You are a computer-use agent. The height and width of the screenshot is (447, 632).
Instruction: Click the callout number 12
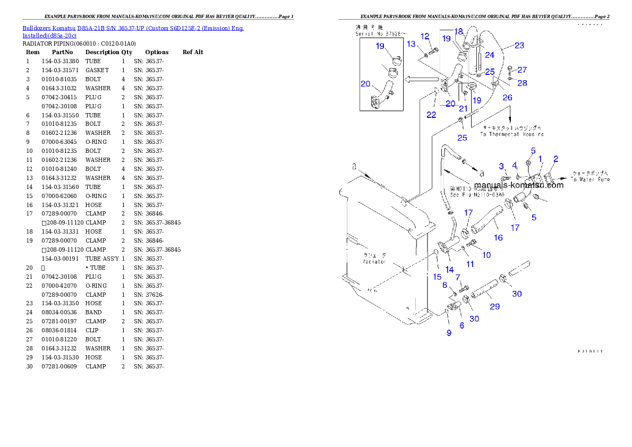coord(425,36)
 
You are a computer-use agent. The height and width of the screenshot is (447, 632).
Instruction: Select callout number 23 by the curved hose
coord(519,45)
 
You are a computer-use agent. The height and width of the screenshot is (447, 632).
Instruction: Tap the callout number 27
coord(523,70)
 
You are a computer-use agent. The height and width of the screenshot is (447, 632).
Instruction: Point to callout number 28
coord(523,83)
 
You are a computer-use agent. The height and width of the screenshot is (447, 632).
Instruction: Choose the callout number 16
coord(498,237)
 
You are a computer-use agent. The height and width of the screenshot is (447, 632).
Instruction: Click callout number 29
coord(494,306)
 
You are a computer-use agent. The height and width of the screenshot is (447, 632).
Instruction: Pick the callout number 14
coord(449,270)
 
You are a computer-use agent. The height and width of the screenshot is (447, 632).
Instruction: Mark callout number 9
coord(449,333)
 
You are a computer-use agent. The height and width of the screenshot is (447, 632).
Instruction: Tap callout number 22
coord(431,114)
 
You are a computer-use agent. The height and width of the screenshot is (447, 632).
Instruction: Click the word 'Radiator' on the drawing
coord(374,262)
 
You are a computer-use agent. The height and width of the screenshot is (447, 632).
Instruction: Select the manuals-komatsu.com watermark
coord(518,185)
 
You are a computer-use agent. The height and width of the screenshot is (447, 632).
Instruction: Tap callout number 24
coord(490,55)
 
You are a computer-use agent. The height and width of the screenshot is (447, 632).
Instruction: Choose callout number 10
coord(486,255)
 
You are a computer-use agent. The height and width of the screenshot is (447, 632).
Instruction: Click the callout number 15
coord(437,277)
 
